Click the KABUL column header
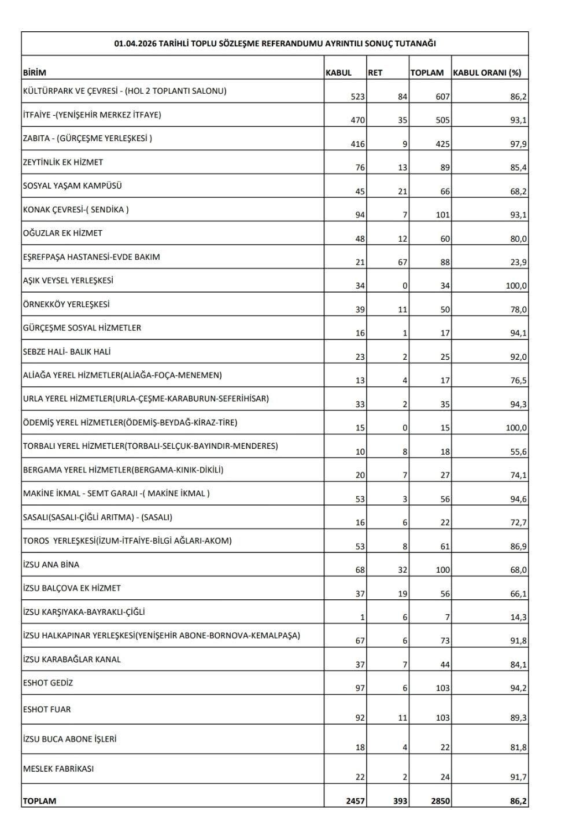(339, 73)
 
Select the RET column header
(375, 73)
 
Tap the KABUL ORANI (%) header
(486, 73)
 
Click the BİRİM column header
(35, 73)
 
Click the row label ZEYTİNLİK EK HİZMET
(63, 163)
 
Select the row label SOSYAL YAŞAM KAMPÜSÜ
(72, 186)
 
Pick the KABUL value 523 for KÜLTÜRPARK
(358, 97)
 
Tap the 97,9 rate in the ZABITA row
(518, 144)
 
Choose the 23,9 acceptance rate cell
(518, 262)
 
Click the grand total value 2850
(439, 801)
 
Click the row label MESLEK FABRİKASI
(58, 769)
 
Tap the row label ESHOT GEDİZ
(48, 683)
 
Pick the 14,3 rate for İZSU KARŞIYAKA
(518, 617)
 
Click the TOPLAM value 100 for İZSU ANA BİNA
(442, 570)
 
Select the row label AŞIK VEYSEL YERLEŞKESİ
(68, 281)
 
